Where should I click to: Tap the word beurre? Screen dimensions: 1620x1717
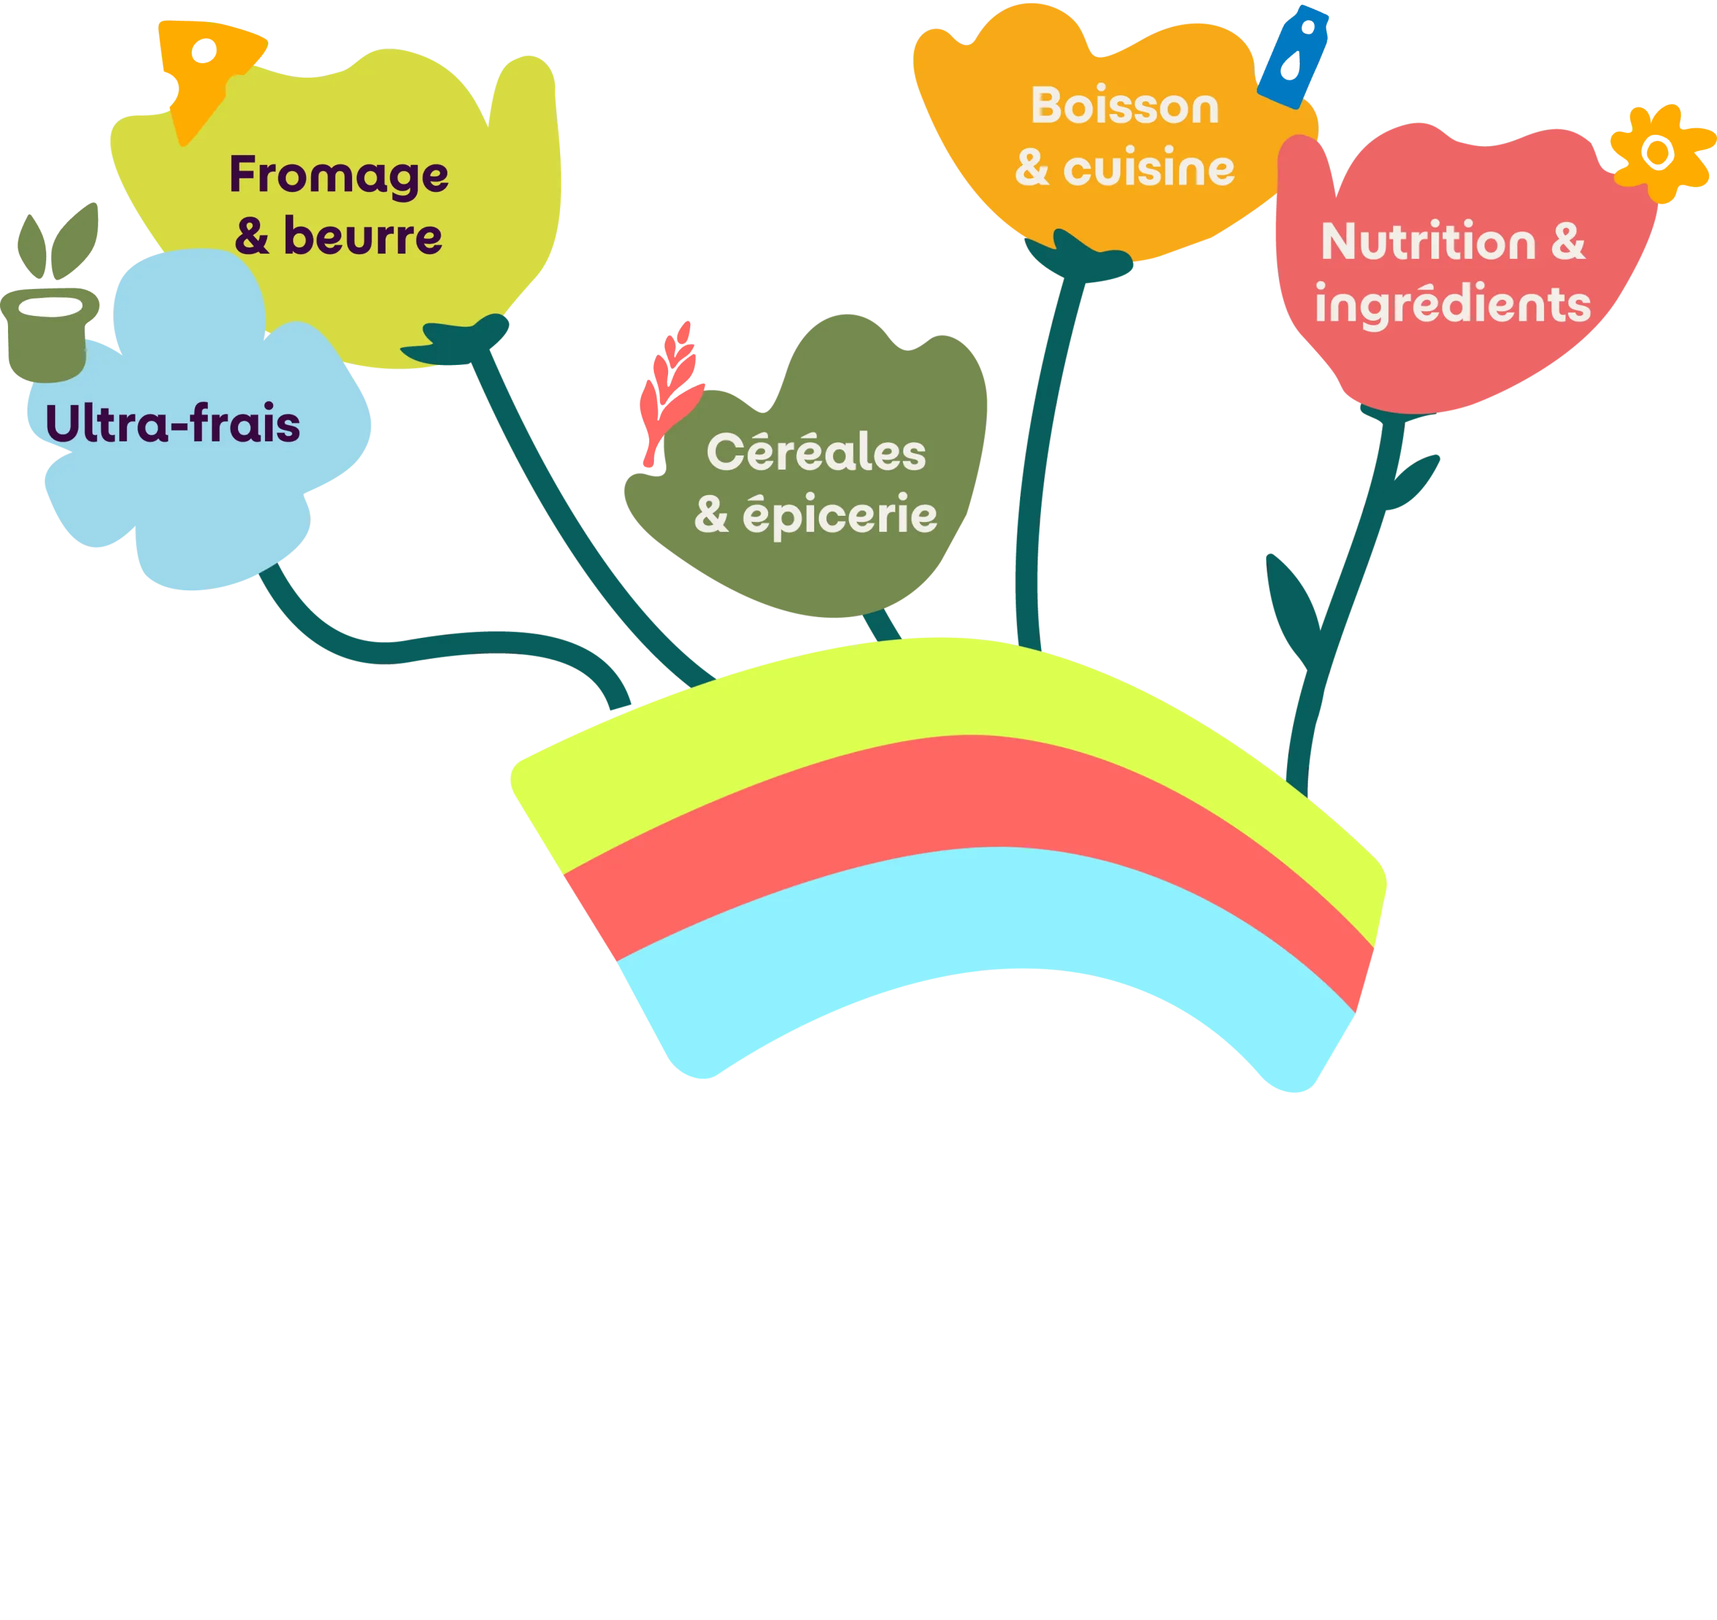coord(363,237)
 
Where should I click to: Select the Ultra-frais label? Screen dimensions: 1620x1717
coord(173,424)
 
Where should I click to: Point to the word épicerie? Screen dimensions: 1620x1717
coord(840,516)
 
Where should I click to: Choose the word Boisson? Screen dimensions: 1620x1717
coord(1125,106)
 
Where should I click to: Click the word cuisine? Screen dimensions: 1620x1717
coord(1149,168)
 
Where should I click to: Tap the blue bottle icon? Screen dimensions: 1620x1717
coord(1292,56)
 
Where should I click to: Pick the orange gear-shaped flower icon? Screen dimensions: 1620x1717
coord(1658,154)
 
